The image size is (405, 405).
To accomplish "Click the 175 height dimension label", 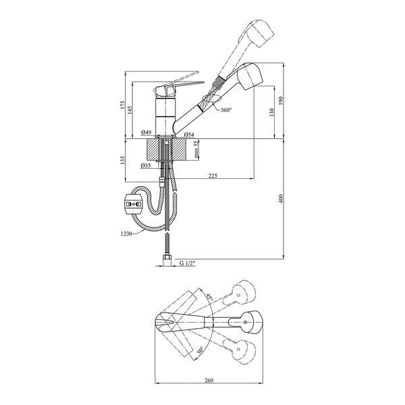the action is (123, 105).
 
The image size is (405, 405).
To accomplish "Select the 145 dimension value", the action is (130, 110).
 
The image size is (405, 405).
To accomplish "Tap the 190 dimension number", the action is (281, 101).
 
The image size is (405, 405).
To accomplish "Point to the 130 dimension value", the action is (271, 112).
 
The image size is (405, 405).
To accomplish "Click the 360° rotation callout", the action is (226, 110).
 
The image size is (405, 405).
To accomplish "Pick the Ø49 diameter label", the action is (146, 133).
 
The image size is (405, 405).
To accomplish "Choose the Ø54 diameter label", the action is (189, 134).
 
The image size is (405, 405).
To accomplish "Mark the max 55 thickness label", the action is (196, 149).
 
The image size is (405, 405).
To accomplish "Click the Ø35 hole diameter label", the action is (146, 165).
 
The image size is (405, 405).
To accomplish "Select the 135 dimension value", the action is (123, 160).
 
